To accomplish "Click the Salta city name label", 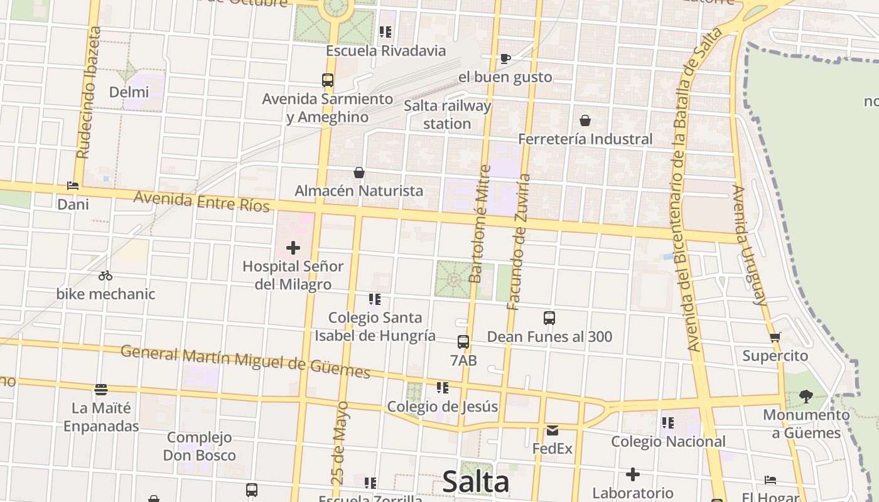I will tap(475, 482).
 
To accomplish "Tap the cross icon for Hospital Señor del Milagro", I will tap(293, 248).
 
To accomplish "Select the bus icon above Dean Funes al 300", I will tap(549, 318).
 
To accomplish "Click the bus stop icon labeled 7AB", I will tap(463, 342).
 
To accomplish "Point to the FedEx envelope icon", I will tap(553, 430).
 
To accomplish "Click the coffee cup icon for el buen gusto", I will tap(505, 58).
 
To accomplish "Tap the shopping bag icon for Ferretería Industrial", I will tap(585, 120).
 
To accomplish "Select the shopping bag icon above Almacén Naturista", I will tap(359, 172).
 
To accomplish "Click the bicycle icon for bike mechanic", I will tap(105, 275).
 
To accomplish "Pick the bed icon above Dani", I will tap(73, 186).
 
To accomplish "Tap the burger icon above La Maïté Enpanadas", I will tap(101, 390).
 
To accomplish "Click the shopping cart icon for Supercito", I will tap(775, 338).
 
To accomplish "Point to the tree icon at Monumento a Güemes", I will tap(806, 396).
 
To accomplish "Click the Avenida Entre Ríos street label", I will tap(201, 201).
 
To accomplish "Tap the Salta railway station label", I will tap(447, 115).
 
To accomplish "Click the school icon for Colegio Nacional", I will tap(667, 423).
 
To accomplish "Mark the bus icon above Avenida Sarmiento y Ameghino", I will tap(328, 80).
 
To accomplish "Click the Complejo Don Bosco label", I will tap(199, 446).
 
